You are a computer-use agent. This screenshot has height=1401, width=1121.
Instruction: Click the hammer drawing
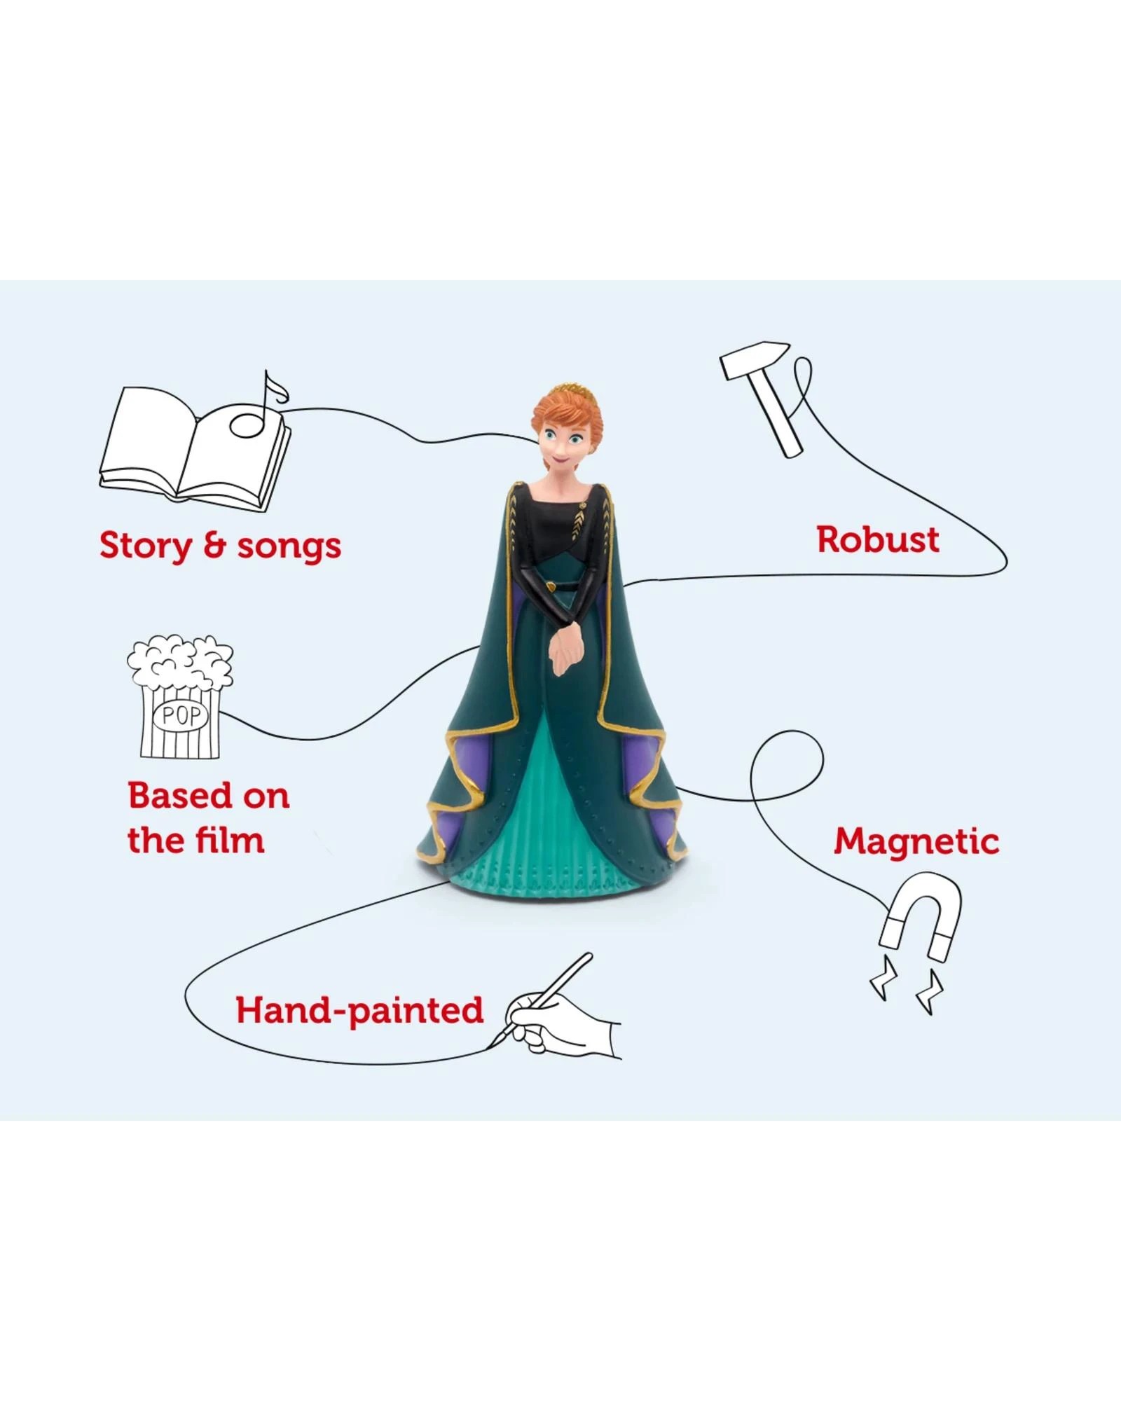[768, 396]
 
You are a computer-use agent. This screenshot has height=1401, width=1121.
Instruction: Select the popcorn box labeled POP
[181, 700]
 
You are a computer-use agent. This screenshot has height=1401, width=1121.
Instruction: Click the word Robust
[878, 540]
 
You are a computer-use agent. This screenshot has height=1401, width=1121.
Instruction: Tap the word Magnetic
[916, 841]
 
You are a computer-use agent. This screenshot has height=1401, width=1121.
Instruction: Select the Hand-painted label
[359, 1010]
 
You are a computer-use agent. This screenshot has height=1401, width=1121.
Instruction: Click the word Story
[144, 546]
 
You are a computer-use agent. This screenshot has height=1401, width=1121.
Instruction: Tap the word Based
[170, 796]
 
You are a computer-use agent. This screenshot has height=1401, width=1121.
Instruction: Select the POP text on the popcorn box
[181, 715]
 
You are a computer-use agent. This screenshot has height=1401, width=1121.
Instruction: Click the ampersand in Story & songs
[214, 546]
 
